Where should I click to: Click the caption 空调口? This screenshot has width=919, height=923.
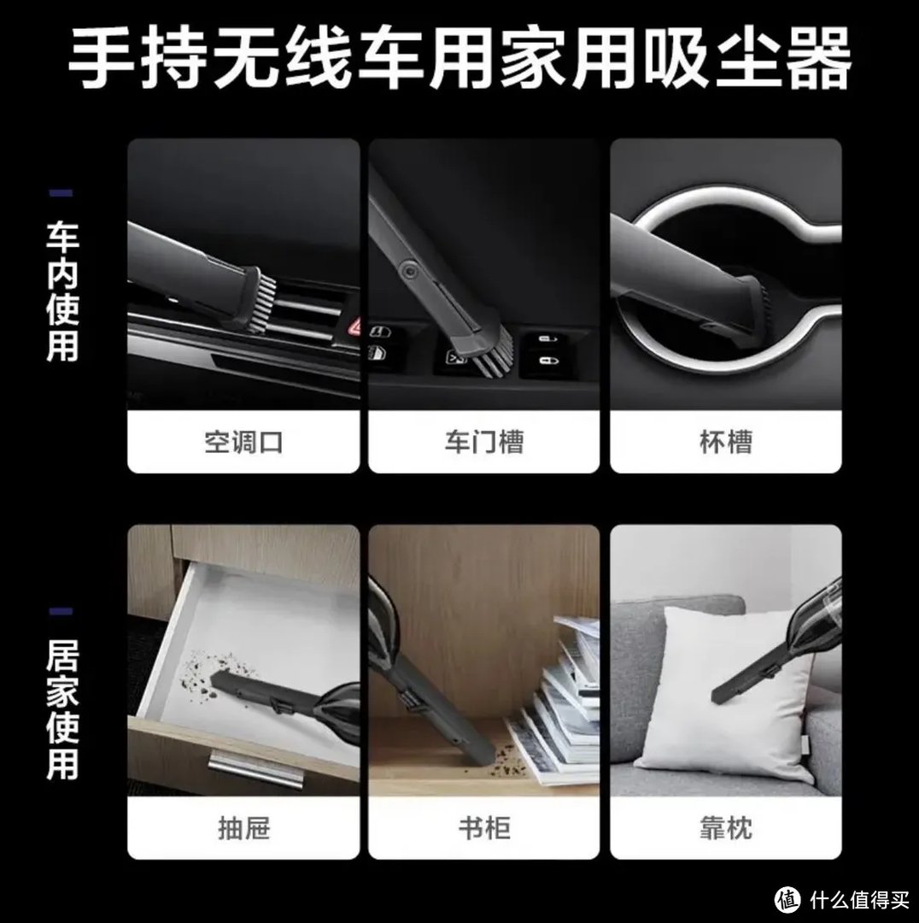(243, 442)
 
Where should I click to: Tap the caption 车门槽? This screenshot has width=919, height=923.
(484, 442)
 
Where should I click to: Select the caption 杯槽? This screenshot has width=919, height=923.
(726, 442)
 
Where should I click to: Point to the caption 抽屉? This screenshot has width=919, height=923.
(243, 828)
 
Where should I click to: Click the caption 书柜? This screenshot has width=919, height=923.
(484, 828)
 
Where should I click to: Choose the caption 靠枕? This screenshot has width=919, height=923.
(726, 828)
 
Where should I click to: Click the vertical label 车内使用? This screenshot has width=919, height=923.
(62, 291)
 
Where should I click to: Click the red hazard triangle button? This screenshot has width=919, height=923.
(355, 326)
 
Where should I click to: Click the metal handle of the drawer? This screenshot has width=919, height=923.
(256, 767)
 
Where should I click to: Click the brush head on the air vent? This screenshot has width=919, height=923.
(259, 300)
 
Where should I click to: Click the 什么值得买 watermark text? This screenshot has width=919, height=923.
(859, 899)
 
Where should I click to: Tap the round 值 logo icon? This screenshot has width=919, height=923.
(787, 899)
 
